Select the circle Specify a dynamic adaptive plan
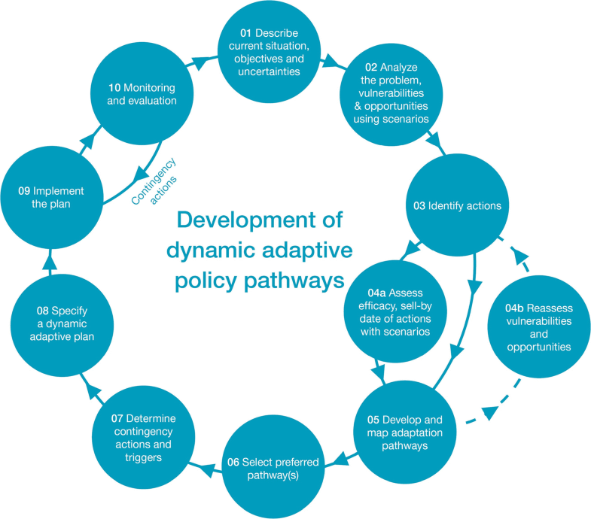pos(65,323)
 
